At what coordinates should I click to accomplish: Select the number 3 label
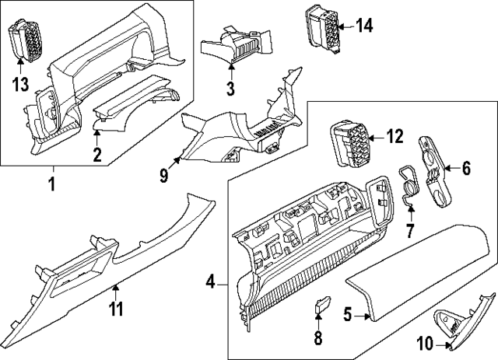pyautogui.click(x=230, y=89)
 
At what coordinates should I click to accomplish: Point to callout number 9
pyautogui.click(x=164, y=175)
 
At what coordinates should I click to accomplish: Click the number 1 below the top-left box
pyautogui.click(x=52, y=184)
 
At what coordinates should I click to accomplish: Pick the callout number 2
pyautogui.click(x=97, y=154)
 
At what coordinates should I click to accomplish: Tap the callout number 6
pyautogui.click(x=466, y=166)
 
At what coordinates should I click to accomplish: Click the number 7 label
pyautogui.click(x=411, y=231)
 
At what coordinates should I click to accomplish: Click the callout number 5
pyautogui.click(x=348, y=315)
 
